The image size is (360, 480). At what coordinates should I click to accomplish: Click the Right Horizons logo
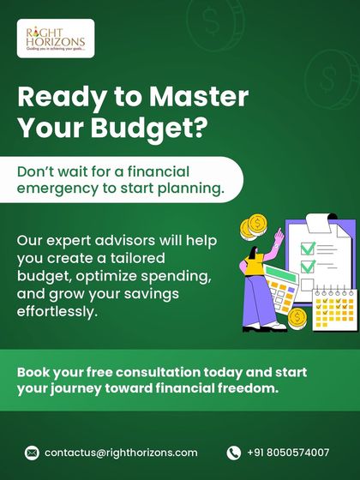(55, 39)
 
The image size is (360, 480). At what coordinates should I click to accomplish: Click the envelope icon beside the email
(33, 453)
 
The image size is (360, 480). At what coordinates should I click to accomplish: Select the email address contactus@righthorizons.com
(121, 453)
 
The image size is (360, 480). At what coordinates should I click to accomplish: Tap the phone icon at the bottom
(234, 453)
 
